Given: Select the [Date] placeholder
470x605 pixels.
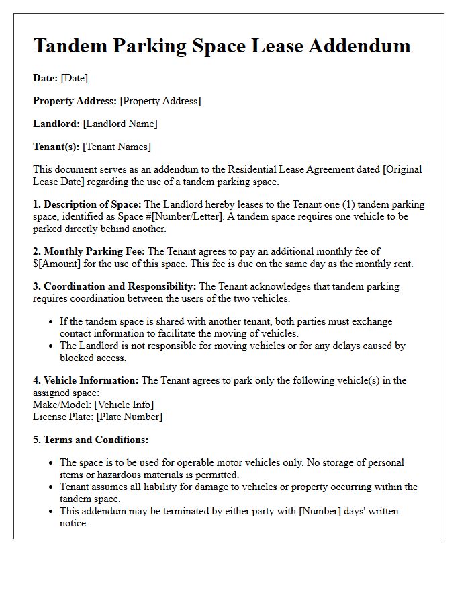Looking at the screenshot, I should [75, 78].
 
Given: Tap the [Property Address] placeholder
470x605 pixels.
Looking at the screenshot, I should [160, 101].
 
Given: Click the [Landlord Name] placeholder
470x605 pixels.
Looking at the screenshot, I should [120, 124].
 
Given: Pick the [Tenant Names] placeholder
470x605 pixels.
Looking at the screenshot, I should [117, 147].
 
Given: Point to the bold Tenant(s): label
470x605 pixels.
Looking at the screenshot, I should [56, 147].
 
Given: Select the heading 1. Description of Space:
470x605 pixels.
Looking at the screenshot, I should [87, 204].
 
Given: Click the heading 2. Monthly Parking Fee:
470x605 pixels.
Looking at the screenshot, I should [89, 251].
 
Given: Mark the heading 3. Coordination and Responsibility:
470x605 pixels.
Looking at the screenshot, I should [115, 286].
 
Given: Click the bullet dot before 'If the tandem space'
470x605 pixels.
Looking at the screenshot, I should [51, 322].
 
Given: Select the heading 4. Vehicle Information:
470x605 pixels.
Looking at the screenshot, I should [86, 380].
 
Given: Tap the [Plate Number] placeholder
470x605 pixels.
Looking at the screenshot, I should [129, 417].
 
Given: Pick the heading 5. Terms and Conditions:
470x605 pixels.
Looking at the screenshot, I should [91, 440].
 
